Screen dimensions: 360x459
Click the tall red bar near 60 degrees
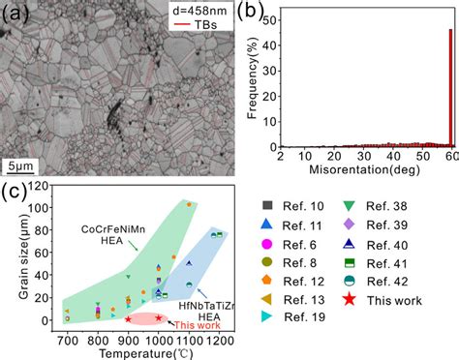point(450,87)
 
